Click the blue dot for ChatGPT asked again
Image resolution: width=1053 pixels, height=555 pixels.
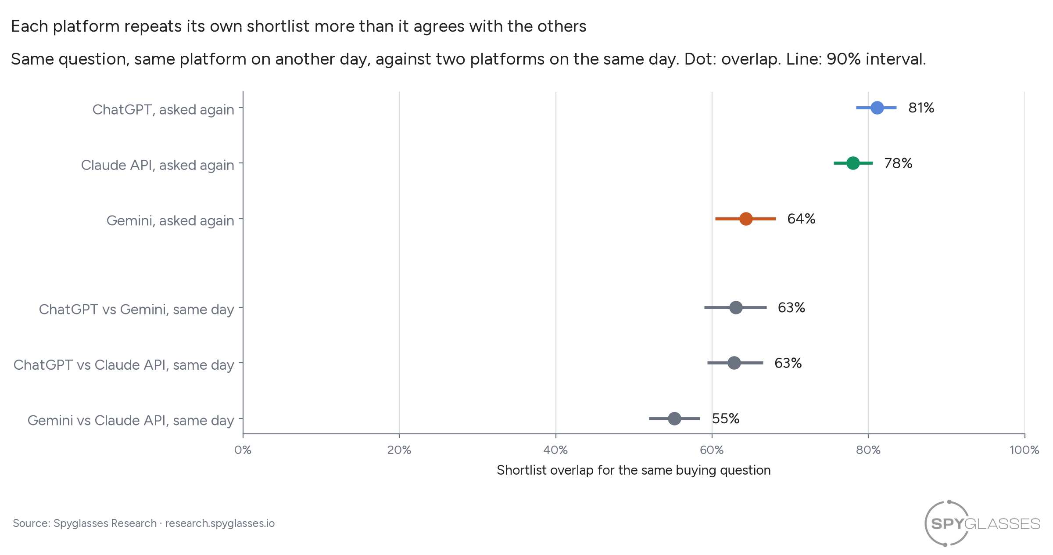[877, 108]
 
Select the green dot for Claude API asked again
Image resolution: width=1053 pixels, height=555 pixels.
[853, 163]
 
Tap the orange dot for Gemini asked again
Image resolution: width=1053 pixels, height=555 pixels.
[746, 219]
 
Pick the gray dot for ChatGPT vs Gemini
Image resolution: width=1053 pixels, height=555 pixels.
[736, 307]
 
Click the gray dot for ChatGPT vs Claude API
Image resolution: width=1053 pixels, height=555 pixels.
[734, 363]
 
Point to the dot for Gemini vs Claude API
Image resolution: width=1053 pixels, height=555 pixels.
[674, 418]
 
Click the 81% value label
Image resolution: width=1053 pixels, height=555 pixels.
[921, 108]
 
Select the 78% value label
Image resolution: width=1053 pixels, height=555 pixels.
[898, 163]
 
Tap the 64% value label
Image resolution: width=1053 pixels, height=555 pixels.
[801, 219]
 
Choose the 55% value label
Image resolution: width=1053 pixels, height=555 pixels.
[726, 418]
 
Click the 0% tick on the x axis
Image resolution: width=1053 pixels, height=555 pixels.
[243, 450]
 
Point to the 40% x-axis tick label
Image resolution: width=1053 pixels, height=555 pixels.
[555, 450]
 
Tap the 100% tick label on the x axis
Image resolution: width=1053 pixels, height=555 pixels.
[1024, 450]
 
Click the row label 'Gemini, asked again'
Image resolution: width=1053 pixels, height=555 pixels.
[170, 220]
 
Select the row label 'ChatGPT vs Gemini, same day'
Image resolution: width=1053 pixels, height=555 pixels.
[136, 309]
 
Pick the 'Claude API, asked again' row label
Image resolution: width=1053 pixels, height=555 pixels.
[158, 165]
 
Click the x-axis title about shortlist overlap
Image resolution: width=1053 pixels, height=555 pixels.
[634, 470]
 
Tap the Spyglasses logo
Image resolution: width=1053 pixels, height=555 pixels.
[982, 523]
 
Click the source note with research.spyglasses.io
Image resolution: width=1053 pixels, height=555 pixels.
[143, 523]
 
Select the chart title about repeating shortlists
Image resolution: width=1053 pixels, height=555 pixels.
[298, 26]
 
